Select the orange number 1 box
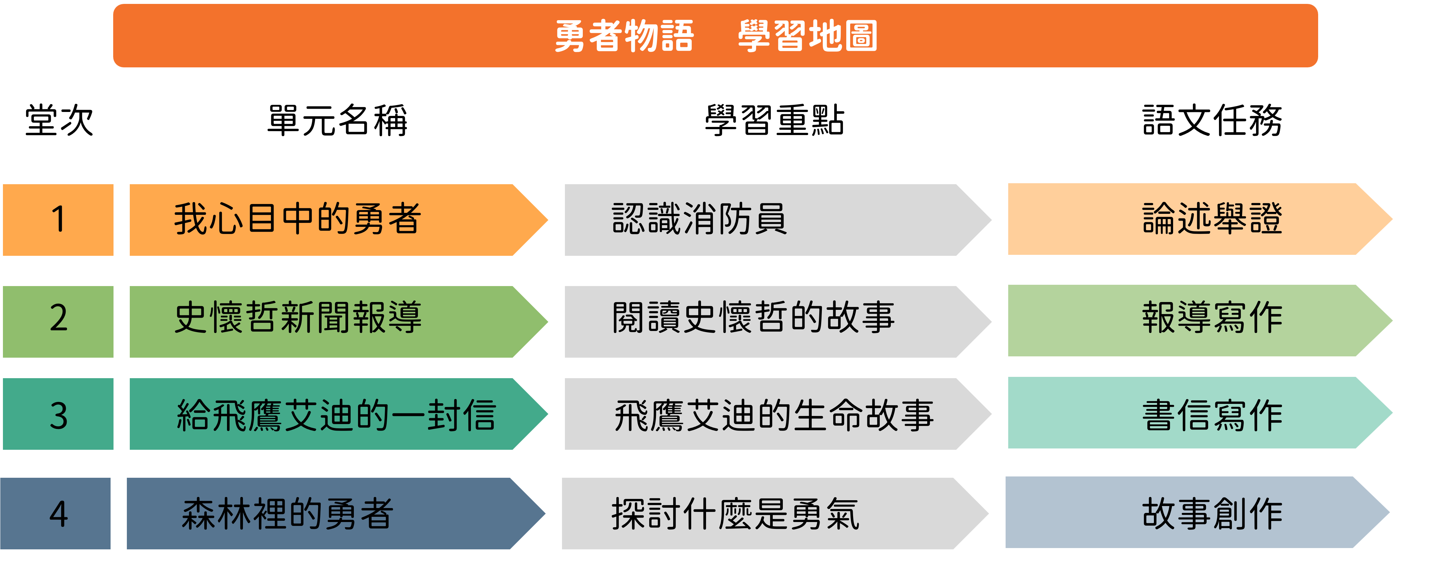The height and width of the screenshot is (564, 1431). tap(58, 219)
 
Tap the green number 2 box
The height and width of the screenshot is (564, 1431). tap(58, 321)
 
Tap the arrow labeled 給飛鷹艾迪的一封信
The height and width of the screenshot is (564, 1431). tap(333, 414)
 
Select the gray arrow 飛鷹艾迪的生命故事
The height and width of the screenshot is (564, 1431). tap(772, 414)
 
